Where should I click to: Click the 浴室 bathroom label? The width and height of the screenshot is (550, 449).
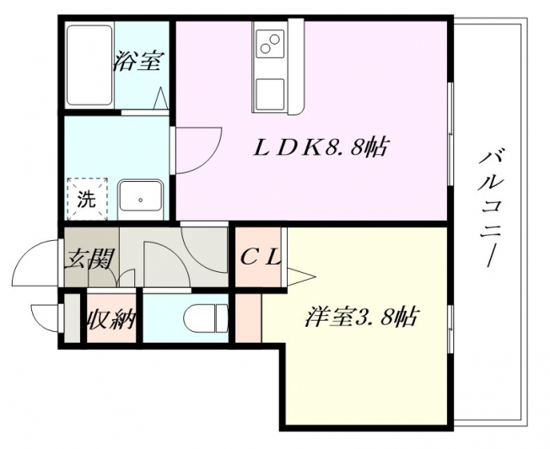click(137, 61)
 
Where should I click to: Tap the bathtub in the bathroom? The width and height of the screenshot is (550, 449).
click(89, 65)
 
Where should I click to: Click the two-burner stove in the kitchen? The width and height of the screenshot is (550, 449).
click(270, 44)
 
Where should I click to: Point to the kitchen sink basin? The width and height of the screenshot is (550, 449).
click(270, 94)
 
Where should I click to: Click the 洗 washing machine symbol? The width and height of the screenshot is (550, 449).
click(87, 199)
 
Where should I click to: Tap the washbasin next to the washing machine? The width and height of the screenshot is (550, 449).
click(141, 200)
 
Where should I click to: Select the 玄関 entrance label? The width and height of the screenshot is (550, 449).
click(89, 259)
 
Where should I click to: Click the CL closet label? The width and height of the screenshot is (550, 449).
click(261, 259)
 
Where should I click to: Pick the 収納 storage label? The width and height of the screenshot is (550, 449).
click(111, 318)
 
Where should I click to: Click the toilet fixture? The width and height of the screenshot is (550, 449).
click(206, 318)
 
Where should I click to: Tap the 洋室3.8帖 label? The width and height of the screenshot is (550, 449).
click(361, 317)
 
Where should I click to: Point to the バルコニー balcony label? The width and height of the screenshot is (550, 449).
click(491, 208)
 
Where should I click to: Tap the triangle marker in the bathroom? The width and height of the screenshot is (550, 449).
click(160, 98)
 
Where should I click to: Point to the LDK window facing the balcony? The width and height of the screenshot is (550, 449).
click(451, 134)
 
